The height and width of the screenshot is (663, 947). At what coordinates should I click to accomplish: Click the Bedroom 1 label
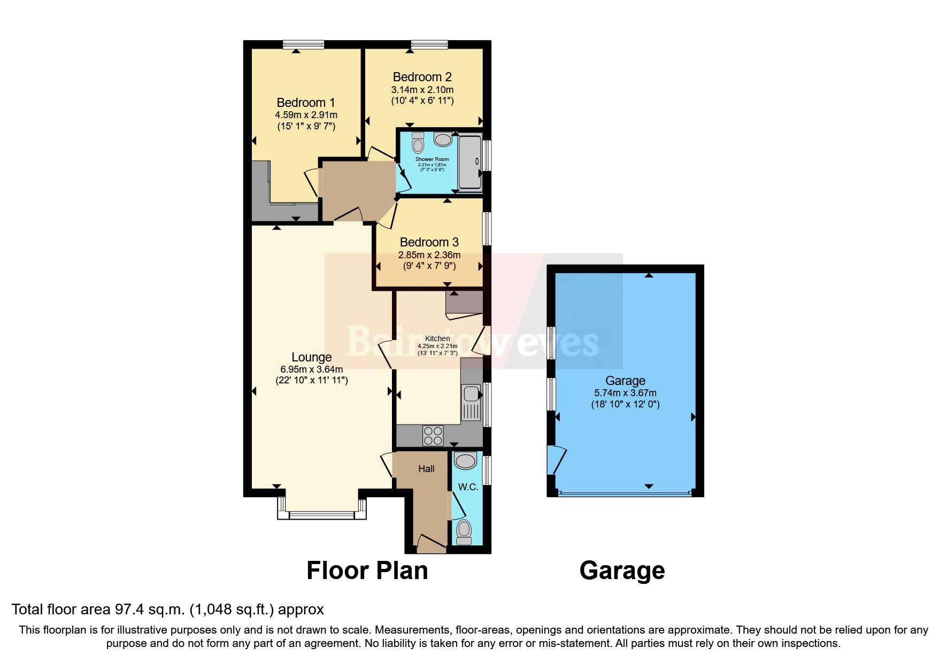pyautogui.click(x=306, y=102)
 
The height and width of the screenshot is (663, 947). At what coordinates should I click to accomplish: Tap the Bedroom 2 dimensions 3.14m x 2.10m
pyautogui.click(x=423, y=89)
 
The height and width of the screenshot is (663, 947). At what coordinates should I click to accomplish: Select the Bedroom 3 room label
pyautogui.click(x=429, y=242)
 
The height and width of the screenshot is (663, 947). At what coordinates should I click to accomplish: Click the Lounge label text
pyautogui.click(x=311, y=357)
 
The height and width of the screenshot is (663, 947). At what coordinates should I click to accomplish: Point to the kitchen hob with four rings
pyautogui.click(x=433, y=435)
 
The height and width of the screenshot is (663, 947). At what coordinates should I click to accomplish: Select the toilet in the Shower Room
pyautogui.click(x=418, y=142)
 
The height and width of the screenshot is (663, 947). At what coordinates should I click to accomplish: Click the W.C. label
pyautogui.click(x=468, y=488)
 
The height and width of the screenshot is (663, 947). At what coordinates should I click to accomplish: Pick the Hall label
pyautogui.click(x=426, y=469)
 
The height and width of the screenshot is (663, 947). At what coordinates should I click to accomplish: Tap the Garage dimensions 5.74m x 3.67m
pyautogui.click(x=625, y=393)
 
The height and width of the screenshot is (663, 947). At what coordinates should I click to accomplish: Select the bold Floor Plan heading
pyautogui.click(x=367, y=571)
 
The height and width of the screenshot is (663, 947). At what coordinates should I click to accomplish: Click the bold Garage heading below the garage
pyautogui.click(x=622, y=571)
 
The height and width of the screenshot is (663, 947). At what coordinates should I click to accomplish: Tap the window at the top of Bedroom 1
pyautogui.click(x=303, y=45)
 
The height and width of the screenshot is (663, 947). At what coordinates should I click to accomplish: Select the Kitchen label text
pyautogui.click(x=437, y=338)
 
